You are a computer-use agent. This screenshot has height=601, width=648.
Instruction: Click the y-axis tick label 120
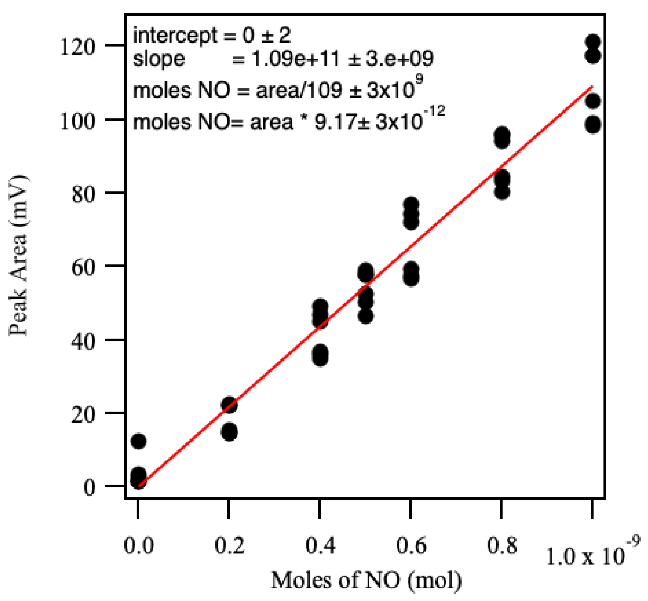[77, 47]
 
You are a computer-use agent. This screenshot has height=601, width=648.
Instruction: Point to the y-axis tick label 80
[83, 194]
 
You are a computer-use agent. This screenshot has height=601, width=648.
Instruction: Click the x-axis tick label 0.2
[229, 545]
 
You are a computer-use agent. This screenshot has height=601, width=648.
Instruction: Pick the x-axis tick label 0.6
[411, 545]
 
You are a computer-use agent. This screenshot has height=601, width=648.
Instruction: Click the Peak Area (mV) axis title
[19, 256]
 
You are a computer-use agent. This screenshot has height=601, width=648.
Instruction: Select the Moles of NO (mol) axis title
[366, 580]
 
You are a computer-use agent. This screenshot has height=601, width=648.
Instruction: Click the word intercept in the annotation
[175, 36]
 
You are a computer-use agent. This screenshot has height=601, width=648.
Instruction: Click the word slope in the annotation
[159, 59]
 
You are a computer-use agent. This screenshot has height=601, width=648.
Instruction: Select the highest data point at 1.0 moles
[593, 42]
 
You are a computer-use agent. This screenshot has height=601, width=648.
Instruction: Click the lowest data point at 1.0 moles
[593, 125]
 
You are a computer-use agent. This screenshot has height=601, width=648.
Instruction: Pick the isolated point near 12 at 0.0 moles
[138, 441]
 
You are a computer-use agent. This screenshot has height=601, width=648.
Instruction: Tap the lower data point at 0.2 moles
[229, 432]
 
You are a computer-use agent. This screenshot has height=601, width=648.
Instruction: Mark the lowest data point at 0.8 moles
[502, 192]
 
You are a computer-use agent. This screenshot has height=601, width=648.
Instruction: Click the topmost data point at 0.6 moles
[411, 204]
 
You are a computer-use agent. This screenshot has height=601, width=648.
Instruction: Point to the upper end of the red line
[592, 86]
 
